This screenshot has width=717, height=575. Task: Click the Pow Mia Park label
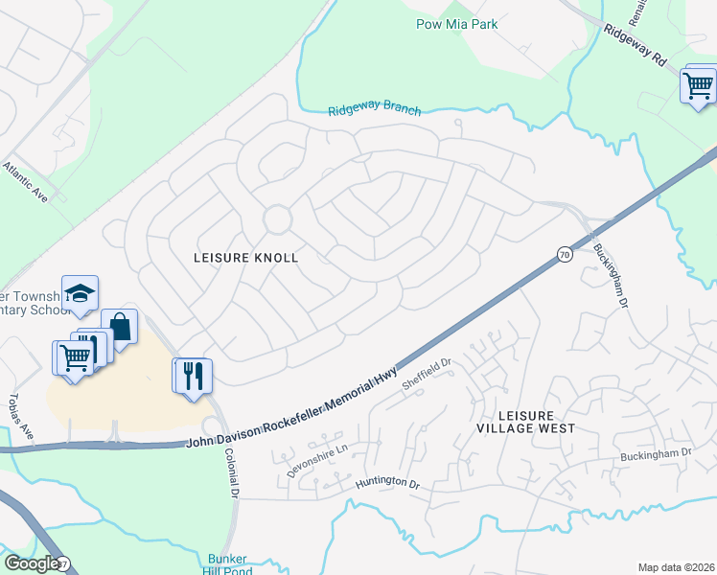pos(456,24)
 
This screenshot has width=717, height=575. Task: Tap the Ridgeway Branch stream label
pos(374,109)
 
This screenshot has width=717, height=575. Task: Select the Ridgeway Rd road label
pos(634,45)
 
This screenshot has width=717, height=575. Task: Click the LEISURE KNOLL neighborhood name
pos(246,258)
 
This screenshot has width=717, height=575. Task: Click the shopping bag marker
pos(119,327)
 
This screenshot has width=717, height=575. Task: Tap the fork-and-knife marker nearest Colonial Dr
pos(192,374)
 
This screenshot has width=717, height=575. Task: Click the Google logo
pos(31,563)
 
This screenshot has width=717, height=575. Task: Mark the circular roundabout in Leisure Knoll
pos(278,220)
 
